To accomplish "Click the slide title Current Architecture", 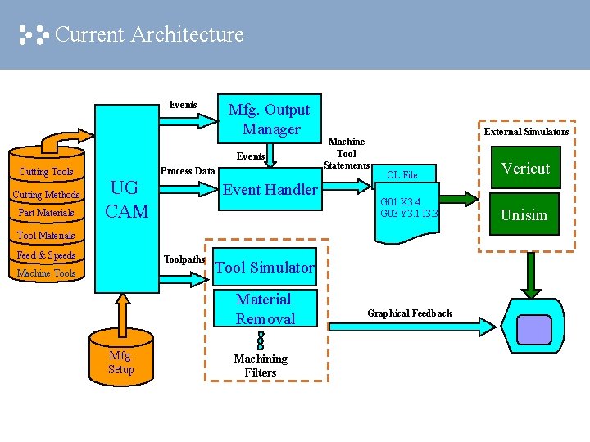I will tap(148, 34).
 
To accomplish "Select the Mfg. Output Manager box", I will tap(270, 120).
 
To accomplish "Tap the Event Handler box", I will tap(270, 190).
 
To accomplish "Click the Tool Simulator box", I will tap(264, 267).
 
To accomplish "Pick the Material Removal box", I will tap(264, 309).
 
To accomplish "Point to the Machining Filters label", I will tap(261, 365).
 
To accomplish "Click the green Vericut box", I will tap(525, 169).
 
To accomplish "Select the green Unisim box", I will tap(524, 214).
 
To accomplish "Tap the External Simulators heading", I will tap(526, 132).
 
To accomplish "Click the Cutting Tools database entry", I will tap(46, 172).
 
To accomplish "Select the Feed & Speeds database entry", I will tap(46, 255).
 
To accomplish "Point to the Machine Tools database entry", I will tap(46, 273).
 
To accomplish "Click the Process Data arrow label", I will tap(188, 171).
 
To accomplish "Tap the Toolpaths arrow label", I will tap(184, 259).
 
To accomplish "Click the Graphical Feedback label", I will tap(409, 313).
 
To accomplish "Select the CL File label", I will tap(402, 175).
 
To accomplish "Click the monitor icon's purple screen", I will tap(534, 328).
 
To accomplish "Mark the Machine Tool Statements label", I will tap(346, 154).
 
